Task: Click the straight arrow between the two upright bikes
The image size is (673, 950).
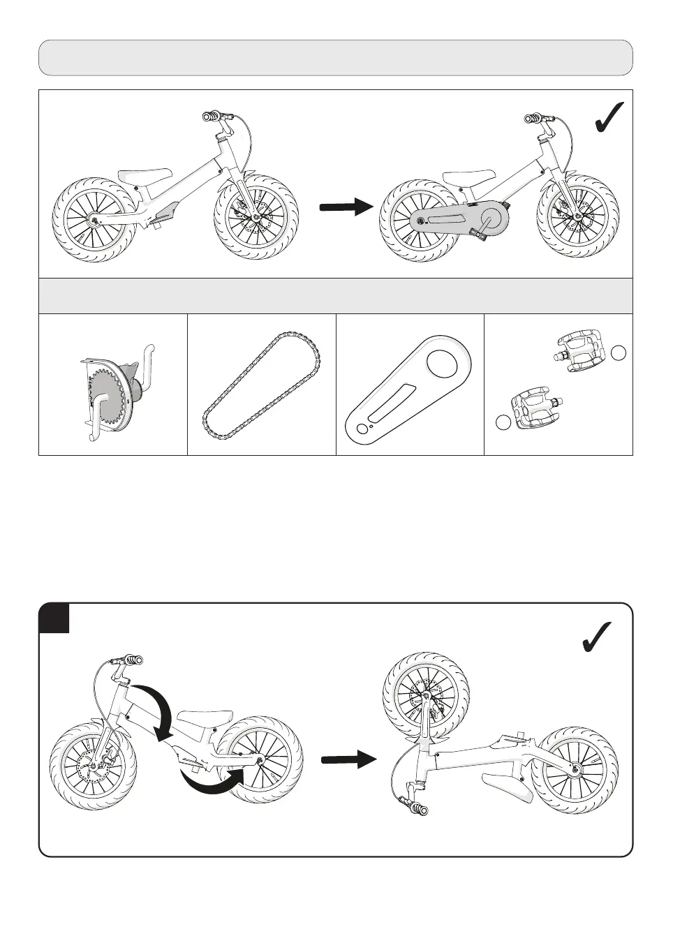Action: coord(346,207)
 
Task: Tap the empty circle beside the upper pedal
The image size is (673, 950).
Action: coord(619,352)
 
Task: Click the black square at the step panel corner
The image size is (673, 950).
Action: coord(54,618)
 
